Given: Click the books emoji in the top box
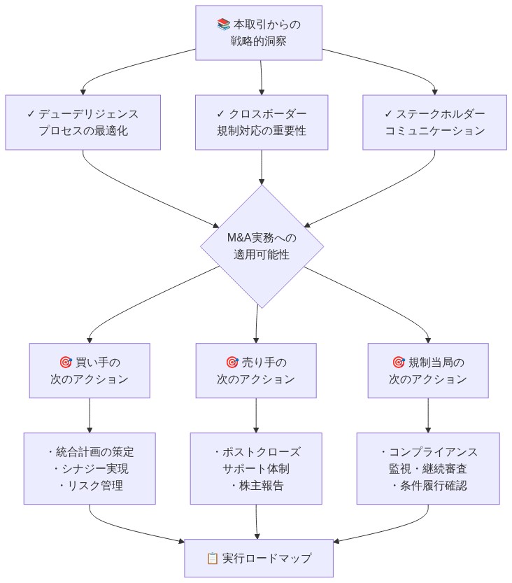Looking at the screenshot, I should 224,24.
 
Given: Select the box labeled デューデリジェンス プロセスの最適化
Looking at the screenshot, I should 83,122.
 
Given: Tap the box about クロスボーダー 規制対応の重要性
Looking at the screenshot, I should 262,122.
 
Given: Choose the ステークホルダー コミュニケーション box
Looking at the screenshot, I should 434,122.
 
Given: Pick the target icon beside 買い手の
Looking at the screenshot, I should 66,363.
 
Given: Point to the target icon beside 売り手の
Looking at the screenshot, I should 232,363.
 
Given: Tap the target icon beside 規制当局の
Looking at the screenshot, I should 399,363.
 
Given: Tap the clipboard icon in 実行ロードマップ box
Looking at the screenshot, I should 213,558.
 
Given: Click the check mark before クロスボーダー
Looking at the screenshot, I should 220,114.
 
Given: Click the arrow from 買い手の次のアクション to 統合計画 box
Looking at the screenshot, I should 90,416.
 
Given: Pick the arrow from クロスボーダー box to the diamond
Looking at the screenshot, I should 262,168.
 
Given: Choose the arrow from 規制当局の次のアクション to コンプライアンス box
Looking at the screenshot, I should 428,416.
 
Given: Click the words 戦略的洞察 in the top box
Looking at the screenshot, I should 259,41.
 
